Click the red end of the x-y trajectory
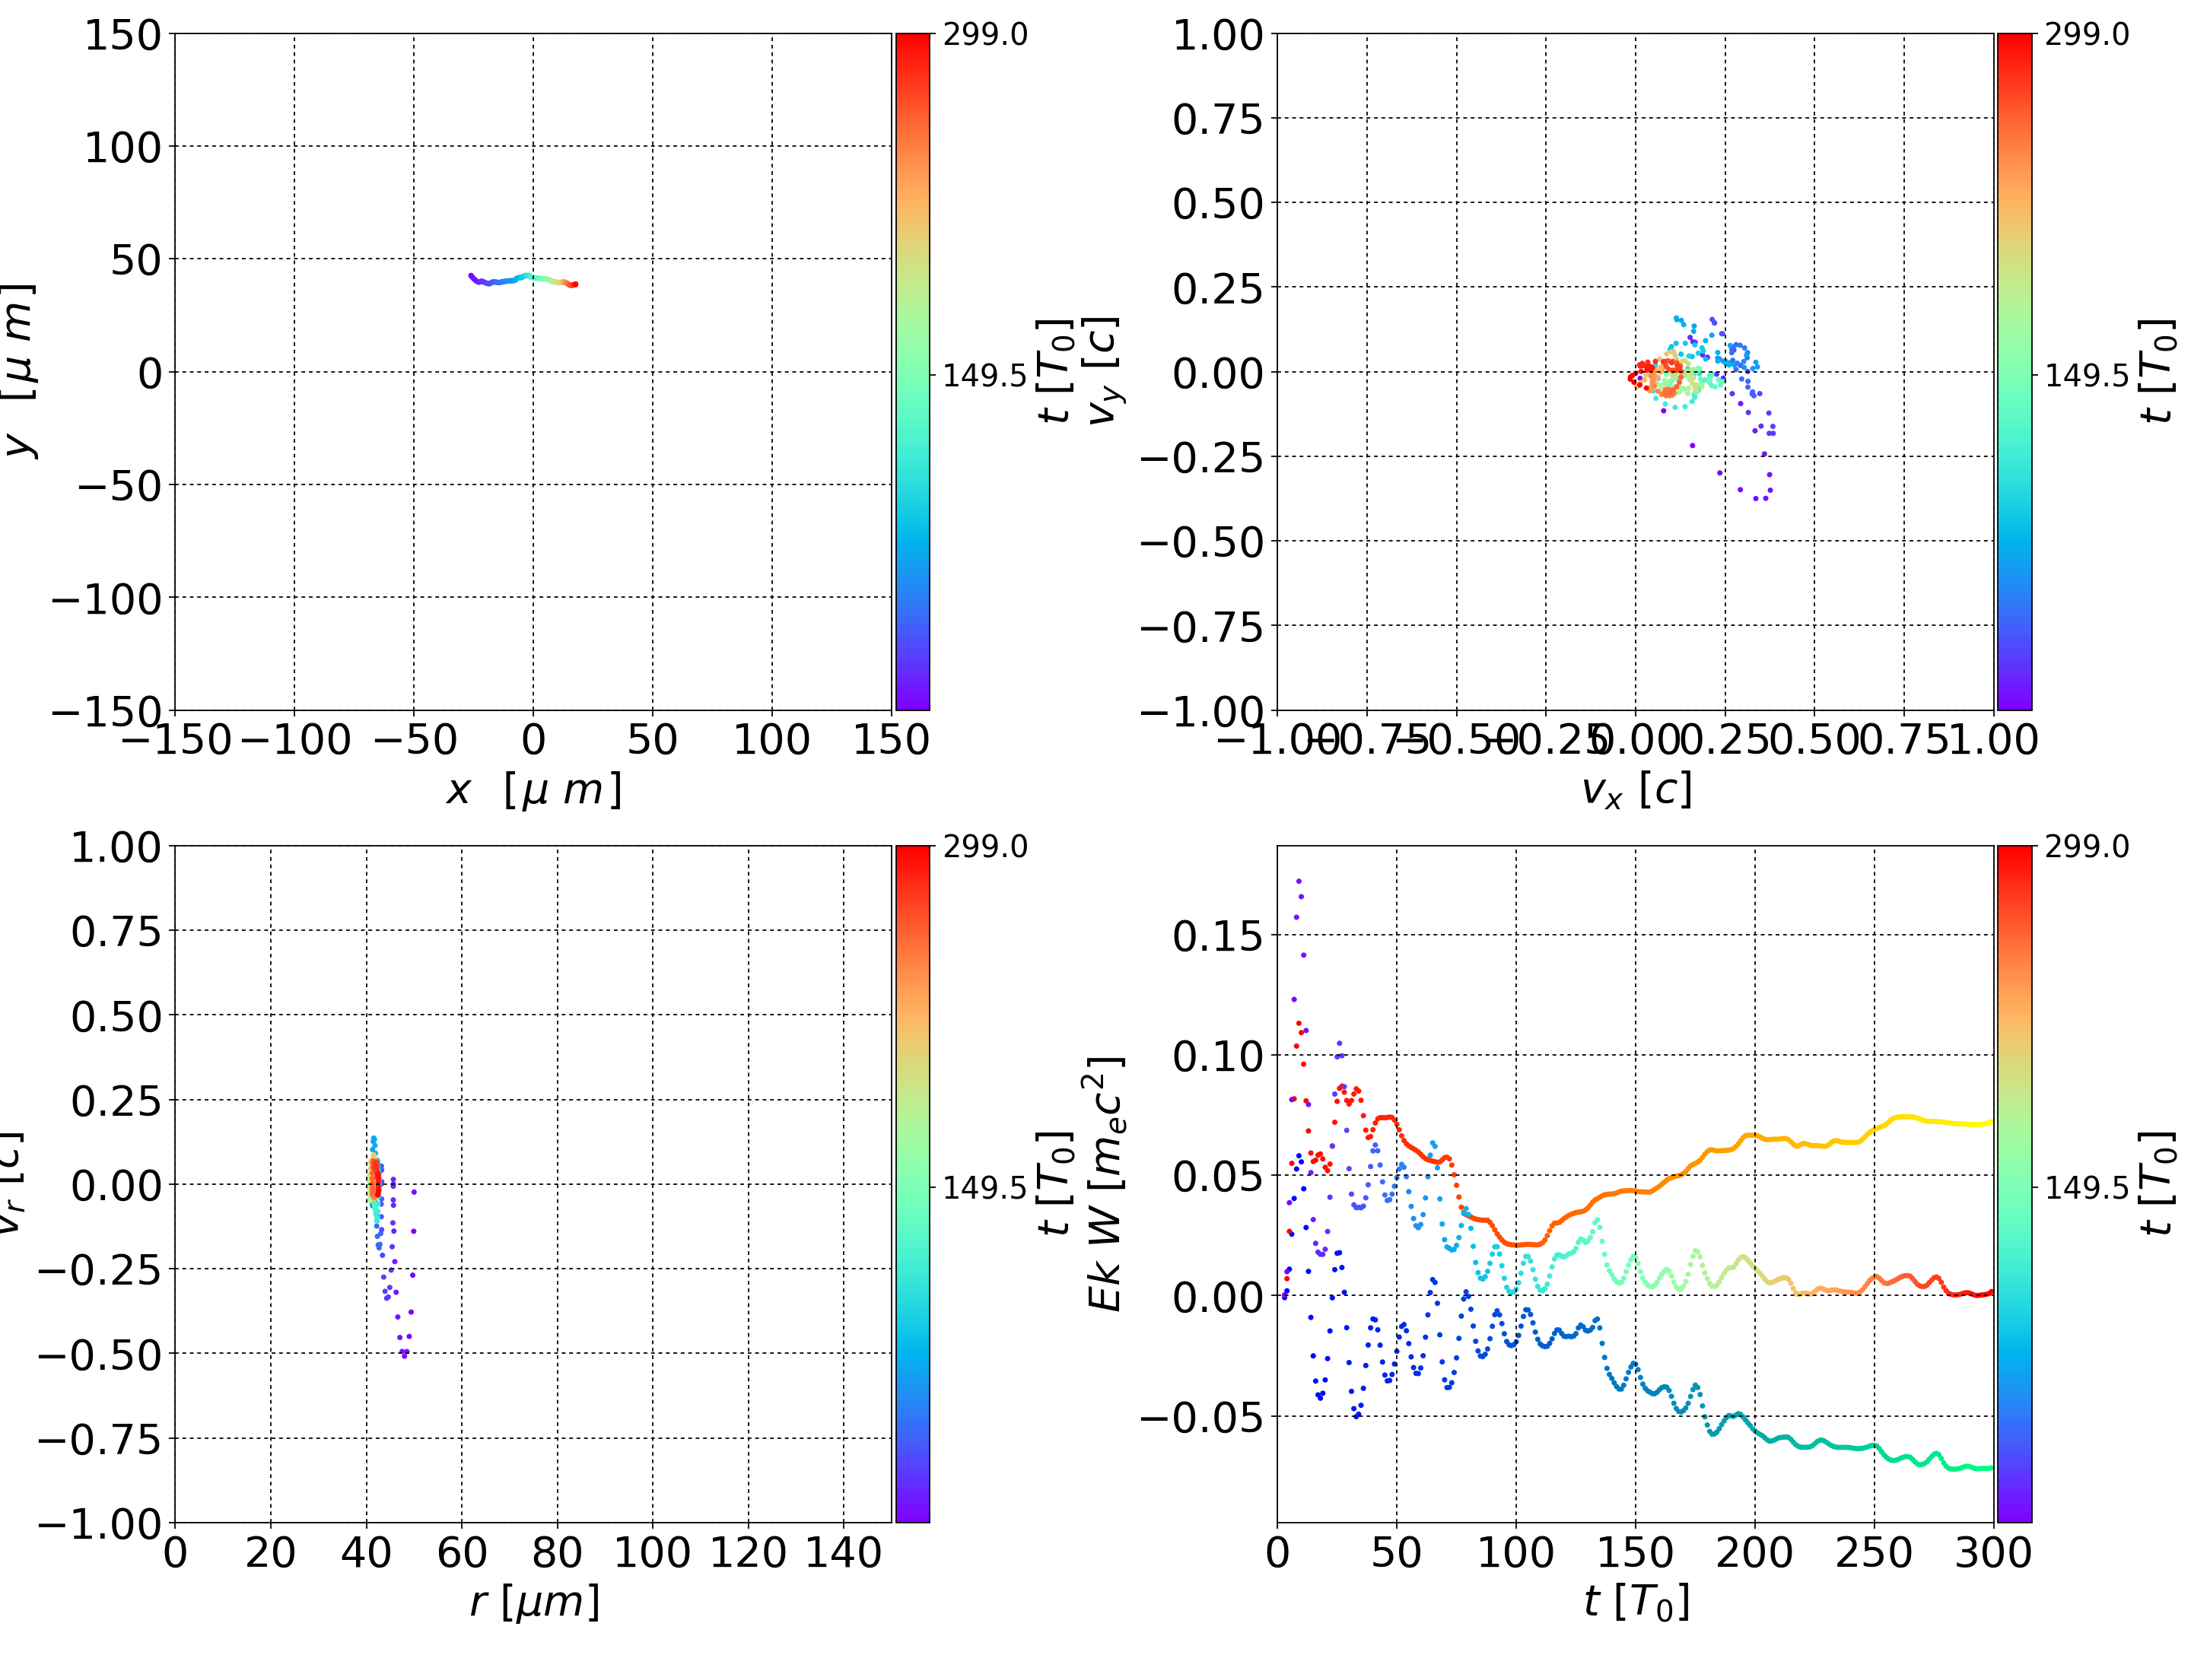coord(574,284)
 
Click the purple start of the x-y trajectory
coord(470,275)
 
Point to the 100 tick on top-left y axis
coord(122,148)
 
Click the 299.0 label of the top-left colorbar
coord(984,35)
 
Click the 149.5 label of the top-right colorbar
coord(2086,376)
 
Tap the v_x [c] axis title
coord(1636,789)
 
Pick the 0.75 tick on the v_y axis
coord(1217,119)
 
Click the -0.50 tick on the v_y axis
coord(1201,542)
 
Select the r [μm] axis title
coord(534,1602)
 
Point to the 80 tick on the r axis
coord(557,1552)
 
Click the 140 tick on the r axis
coord(843,1552)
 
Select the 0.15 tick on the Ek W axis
coord(1217,936)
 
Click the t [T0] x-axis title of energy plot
coord(1636,1602)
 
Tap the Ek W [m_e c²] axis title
coord(1105,1183)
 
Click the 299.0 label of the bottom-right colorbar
coord(2086,847)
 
